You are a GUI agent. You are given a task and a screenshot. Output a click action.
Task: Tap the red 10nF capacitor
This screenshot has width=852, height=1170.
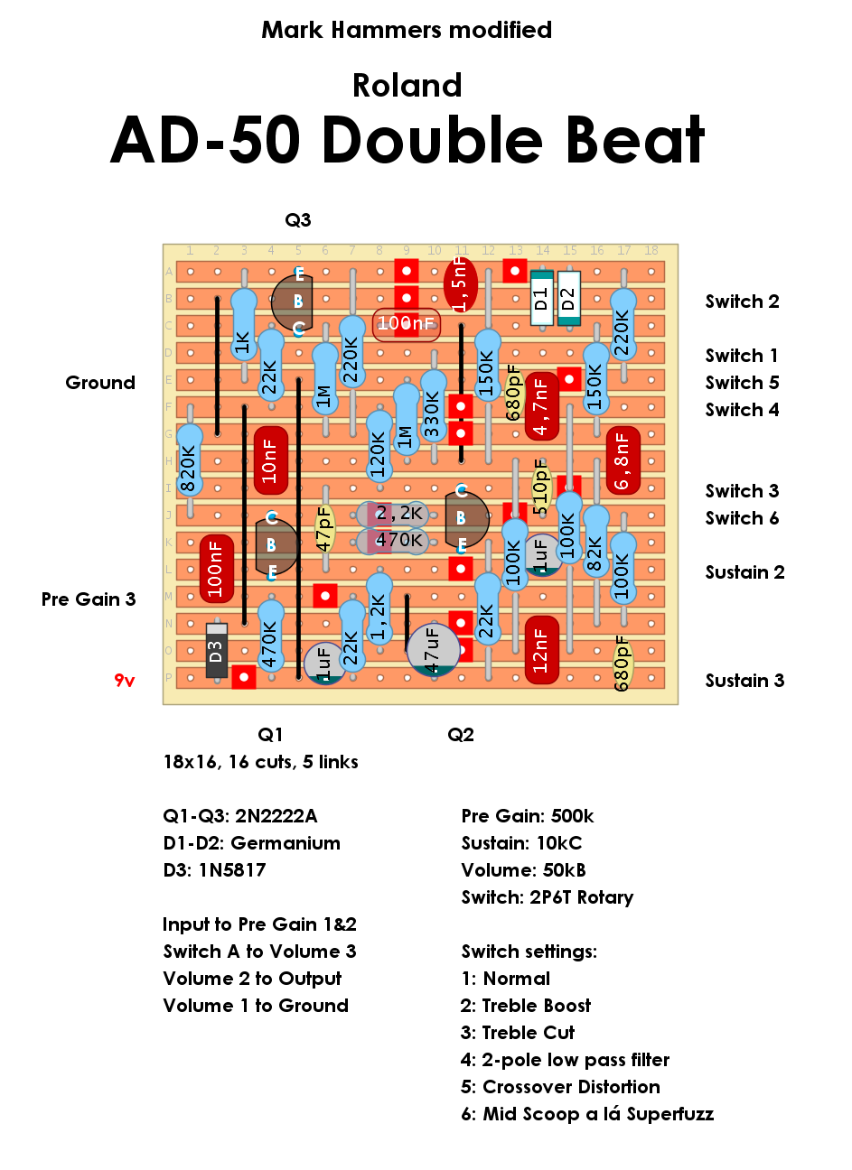(x=270, y=460)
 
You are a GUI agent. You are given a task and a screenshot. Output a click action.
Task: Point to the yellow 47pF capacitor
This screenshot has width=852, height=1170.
(x=324, y=528)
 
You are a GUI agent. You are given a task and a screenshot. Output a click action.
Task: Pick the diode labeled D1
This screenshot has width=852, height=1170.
(x=541, y=297)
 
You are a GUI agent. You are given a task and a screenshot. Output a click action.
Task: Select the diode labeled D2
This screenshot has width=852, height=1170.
(x=568, y=297)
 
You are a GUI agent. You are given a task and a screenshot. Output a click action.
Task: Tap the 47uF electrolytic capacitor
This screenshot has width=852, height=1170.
(x=433, y=649)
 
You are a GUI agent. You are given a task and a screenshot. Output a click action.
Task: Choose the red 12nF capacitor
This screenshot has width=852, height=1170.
(x=541, y=650)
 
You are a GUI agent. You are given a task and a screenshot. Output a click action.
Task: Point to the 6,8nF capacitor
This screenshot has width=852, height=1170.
(x=623, y=460)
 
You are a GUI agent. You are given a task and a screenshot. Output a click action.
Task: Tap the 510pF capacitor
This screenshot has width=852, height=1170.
(x=541, y=487)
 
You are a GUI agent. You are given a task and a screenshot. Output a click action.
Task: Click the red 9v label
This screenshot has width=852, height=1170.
(x=125, y=681)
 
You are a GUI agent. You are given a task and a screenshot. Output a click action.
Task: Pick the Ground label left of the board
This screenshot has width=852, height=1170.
(x=100, y=383)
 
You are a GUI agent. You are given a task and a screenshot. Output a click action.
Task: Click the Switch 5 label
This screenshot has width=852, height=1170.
(x=742, y=383)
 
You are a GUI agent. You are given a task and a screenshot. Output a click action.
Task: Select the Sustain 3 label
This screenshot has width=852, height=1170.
(x=744, y=681)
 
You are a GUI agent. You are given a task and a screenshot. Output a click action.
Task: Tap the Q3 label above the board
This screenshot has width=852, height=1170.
(x=298, y=220)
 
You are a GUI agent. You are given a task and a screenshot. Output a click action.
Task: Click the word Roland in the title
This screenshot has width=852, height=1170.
(x=407, y=86)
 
